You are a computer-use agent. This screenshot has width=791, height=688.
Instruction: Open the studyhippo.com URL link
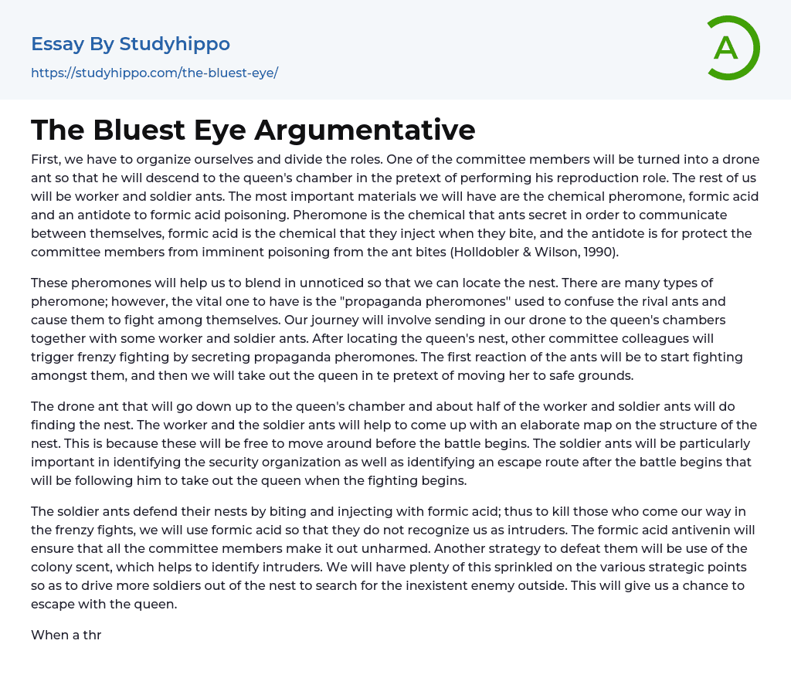pyautogui.click(x=154, y=73)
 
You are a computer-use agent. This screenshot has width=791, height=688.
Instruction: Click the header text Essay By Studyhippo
pyautogui.click(x=131, y=44)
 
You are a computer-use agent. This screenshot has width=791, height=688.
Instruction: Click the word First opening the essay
pyautogui.click(x=45, y=160)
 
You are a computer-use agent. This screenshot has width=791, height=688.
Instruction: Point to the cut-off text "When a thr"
pyautogui.click(x=66, y=635)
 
